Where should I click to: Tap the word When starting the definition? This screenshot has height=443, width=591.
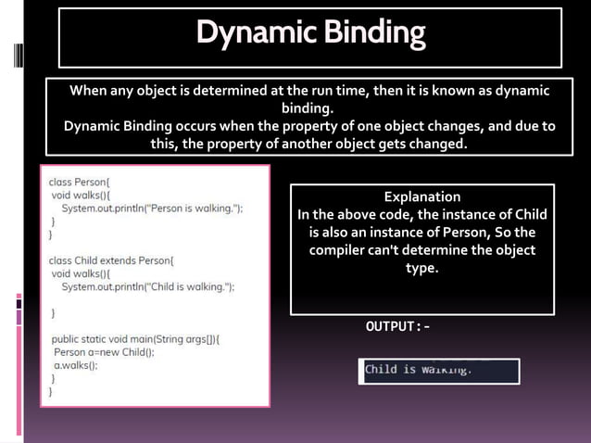click(89, 91)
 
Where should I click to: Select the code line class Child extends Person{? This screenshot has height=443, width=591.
click(118, 260)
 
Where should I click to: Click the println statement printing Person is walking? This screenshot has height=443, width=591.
click(153, 209)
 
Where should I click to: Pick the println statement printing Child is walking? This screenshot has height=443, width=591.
click(148, 287)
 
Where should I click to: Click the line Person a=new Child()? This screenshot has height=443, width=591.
click(104, 352)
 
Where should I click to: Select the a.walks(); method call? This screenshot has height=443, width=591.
click(76, 365)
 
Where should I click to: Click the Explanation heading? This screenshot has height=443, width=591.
click(421, 196)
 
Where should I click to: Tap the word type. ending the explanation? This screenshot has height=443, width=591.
click(421, 268)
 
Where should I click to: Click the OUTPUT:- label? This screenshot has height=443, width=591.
click(398, 327)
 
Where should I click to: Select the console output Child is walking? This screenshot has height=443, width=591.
click(419, 370)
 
